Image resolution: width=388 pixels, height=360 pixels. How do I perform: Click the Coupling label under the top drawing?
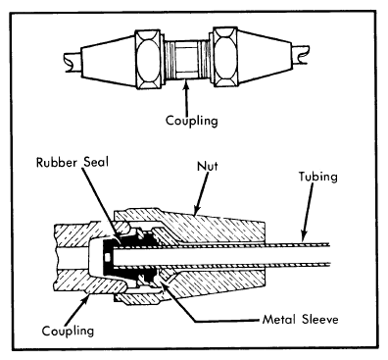[192, 121]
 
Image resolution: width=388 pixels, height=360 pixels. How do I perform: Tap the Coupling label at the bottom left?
[68, 331]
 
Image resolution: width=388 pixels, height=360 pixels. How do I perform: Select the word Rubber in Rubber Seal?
[57, 162]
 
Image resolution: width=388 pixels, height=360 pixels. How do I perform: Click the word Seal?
[95, 162]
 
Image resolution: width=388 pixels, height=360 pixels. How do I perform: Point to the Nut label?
[208, 166]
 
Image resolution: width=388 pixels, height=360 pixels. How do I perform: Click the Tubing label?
[318, 177]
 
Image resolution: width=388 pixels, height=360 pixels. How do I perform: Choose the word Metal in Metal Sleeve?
[278, 319]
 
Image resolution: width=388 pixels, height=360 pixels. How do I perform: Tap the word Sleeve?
[320, 319]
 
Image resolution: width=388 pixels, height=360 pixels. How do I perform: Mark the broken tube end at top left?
[73, 62]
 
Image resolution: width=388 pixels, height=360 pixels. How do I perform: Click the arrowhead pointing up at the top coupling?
[186, 86]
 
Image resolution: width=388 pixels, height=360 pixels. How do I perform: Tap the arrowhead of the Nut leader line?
[197, 211]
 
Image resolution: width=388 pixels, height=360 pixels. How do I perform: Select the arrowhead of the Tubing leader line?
[304, 236]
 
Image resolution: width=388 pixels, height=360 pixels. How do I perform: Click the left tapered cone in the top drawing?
[108, 61]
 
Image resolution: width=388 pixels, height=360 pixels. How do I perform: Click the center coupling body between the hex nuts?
[187, 60]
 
